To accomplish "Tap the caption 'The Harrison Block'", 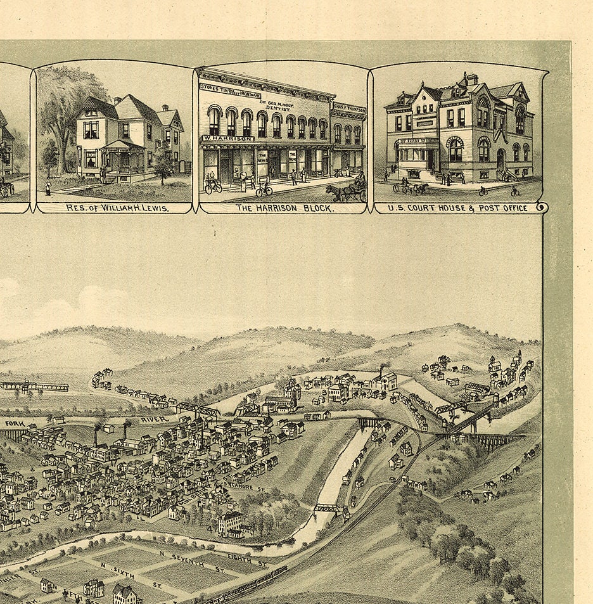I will (284, 207).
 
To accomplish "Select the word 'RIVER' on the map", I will (153, 420).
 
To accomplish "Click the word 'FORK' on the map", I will (14, 423).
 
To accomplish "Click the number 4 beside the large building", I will (209, 527).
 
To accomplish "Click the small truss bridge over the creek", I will (328, 508).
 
